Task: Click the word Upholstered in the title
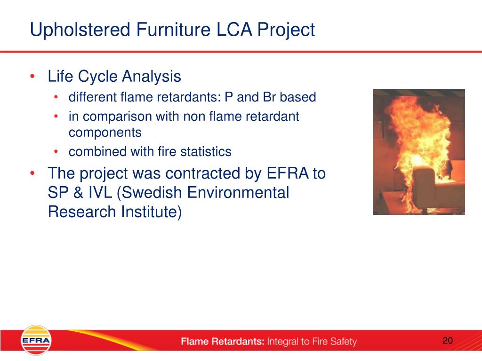(x=80, y=30)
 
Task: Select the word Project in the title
(x=286, y=30)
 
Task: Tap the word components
(x=105, y=133)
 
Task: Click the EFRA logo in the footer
(x=36, y=340)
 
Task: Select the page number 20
(x=448, y=340)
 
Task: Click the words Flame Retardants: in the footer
(x=223, y=341)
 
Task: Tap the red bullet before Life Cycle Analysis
(x=32, y=76)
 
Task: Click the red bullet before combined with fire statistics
(x=56, y=152)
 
